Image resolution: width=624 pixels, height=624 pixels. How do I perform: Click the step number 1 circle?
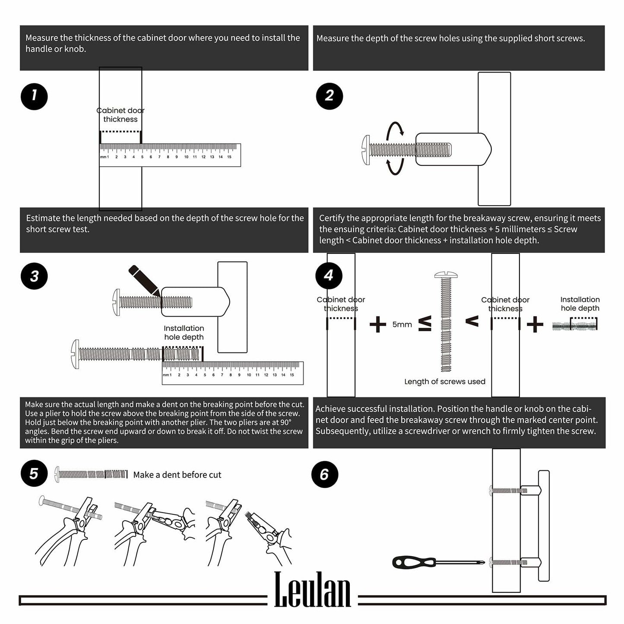point(34,96)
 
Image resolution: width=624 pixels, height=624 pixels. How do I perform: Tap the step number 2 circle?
point(329,96)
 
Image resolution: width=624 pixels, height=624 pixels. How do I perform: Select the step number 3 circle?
point(34,276)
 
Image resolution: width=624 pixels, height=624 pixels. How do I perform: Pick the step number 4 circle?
point(329,276)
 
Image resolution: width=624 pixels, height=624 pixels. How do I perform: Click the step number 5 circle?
point(34,474)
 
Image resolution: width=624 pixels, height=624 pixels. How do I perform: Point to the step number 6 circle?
point(325,475)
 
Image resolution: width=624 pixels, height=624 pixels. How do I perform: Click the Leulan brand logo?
point(312,590)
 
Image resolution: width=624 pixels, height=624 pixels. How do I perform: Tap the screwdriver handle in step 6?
point(414,562)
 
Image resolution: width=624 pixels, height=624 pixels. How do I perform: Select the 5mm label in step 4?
point(402,325)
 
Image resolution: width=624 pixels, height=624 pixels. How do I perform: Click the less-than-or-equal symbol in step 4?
point(425,324)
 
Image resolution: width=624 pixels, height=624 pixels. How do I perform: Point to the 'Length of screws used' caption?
point(445,382)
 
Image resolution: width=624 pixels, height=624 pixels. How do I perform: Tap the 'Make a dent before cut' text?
point(177,475)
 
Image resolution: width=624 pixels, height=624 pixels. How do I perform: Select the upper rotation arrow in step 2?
point(395,129)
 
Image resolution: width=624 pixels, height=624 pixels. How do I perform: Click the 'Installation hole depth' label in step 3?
point(184,333)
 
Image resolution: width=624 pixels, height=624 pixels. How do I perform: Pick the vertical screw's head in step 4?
point(446,275)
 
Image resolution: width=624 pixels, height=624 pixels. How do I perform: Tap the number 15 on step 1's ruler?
point(229,157)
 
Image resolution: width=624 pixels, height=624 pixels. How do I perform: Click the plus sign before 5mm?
point(378,324)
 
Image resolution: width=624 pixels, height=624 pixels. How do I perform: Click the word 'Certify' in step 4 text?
point(332,219)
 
